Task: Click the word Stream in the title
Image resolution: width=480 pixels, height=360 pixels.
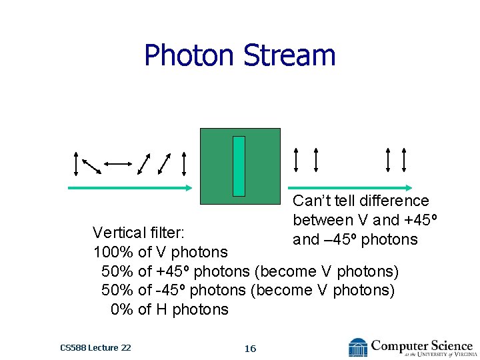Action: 289,55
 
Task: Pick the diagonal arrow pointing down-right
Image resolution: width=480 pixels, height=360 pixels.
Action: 91,164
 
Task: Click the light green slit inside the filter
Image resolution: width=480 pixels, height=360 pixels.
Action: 239,166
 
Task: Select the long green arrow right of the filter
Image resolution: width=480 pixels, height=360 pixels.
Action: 351,188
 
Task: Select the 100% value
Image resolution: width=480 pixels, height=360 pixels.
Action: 113,252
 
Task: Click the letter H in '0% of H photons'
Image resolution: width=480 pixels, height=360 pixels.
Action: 162,309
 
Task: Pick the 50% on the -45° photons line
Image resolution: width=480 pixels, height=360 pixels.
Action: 117,290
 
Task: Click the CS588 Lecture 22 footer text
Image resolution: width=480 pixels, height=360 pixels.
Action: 95,347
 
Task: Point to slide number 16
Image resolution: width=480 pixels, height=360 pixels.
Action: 250,348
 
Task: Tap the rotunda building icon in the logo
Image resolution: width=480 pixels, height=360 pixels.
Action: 358,347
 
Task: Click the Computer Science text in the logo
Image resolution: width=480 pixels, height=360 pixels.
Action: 421,345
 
